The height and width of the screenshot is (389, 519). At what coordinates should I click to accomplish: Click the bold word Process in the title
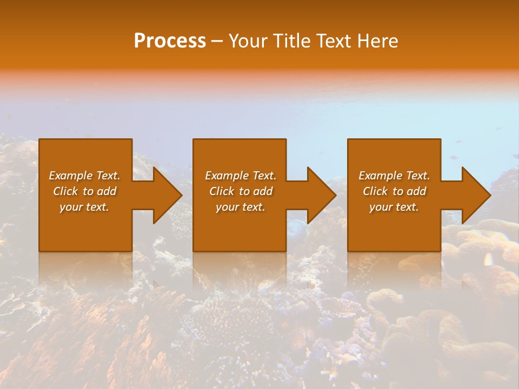pos(170,41)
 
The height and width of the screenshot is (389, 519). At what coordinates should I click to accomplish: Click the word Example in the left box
pos(71,176)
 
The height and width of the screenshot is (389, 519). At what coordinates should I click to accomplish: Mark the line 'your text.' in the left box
pos(84,207)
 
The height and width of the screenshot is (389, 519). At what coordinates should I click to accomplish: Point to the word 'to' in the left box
pos(89,191)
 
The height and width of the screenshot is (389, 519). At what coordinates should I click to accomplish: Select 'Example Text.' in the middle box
pos(241,176)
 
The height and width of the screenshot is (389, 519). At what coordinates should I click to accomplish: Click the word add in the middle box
pos(263,191)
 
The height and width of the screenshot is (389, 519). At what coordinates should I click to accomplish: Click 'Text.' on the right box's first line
pos(418,176)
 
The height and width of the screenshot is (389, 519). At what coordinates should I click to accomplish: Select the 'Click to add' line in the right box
pos(394,191)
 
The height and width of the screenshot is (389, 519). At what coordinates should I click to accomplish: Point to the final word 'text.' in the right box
pos(407,207)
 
